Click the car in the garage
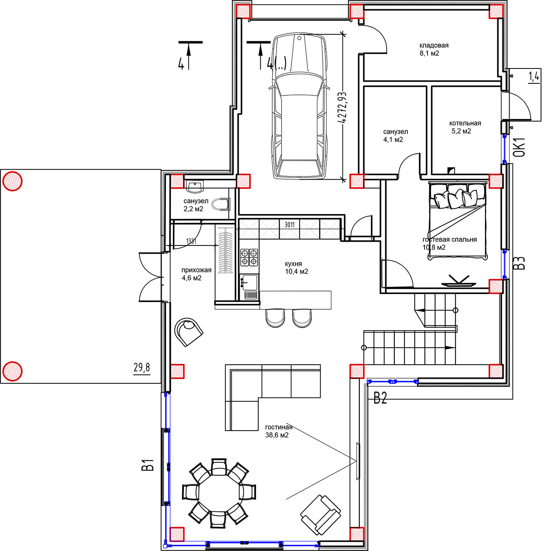(299, 106)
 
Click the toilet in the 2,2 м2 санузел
(221, 204)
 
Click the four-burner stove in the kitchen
(249, 257)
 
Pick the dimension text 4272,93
(342, 107)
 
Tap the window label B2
(380, 398)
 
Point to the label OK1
(519, 147)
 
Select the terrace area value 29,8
(142, 367)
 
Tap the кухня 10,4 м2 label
(296, 268)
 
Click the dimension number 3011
(289, 225)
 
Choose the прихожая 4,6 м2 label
(196, 274)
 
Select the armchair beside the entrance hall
(189, 332)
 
